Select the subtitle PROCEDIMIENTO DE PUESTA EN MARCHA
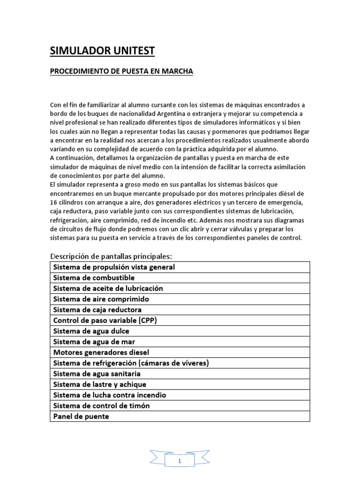click(x=121, y=71)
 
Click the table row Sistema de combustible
click(x=94, y=277)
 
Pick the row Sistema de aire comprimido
click(x=101, y=299)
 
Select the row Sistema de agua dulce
click(x=91, y=331)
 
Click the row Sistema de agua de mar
click(x=94, y=342)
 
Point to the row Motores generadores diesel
click(x=101, y=352)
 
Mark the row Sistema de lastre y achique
click(x=100, y=384)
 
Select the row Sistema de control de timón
click(x=102, y=405)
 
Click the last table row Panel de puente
click(x=81, y=416)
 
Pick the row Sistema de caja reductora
click(x=97, y=310)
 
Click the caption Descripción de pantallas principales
click(x=111, y=256)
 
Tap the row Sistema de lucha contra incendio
click(x=110, y=395)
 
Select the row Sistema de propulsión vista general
click(x=114, y=267)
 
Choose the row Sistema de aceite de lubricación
click(x=108, y=288)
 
